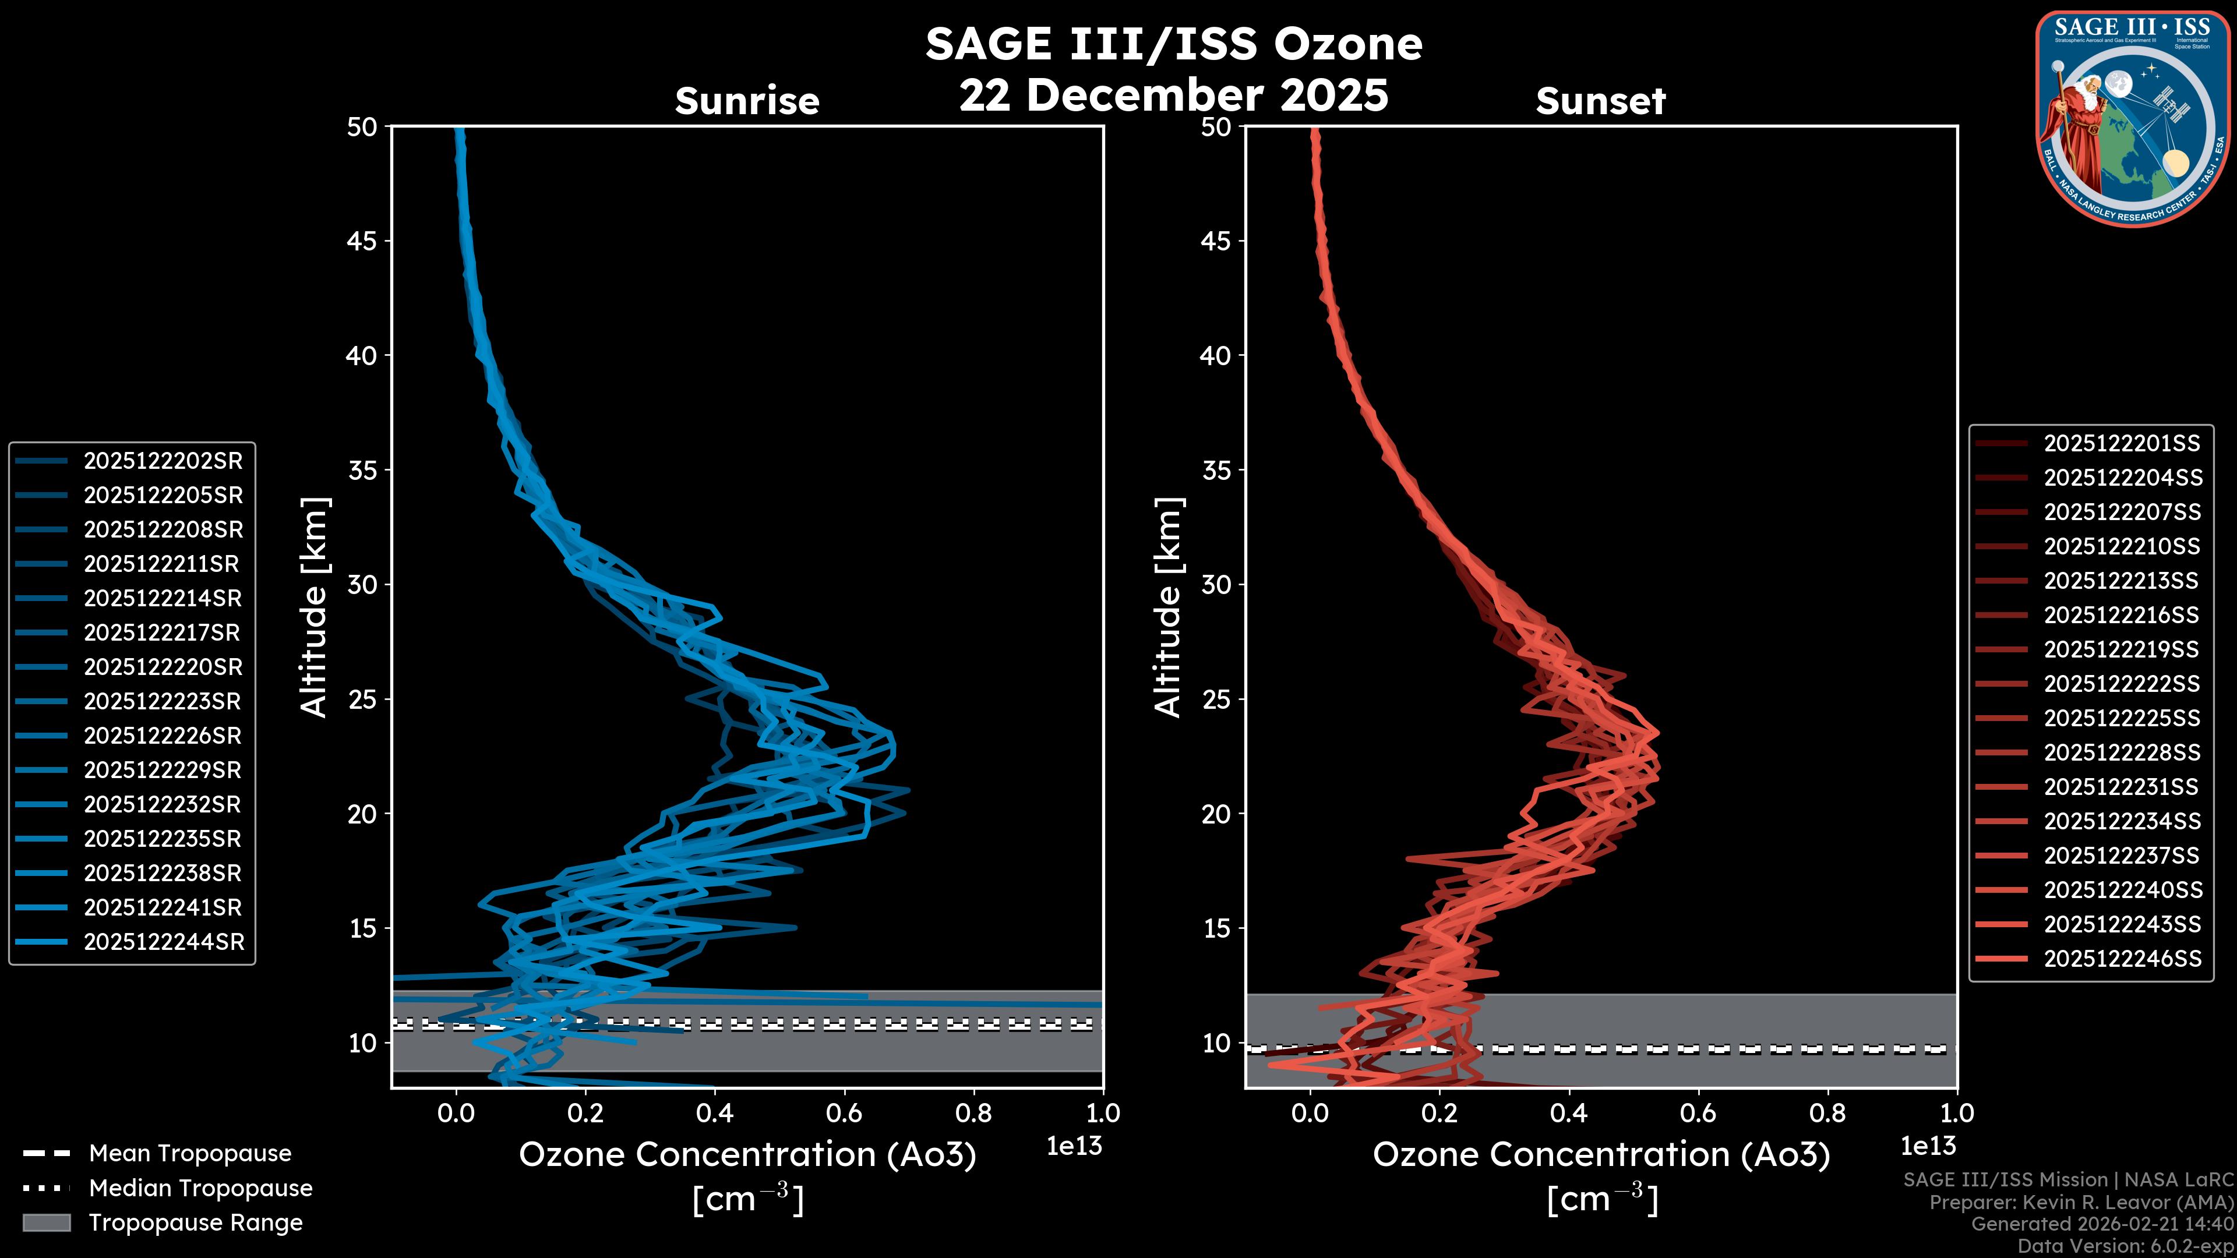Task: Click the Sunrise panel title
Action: tap(747, 101)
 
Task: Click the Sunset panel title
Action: tap(1600, 101)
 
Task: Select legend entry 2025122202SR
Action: tap(163, 461)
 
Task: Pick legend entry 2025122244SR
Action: tap(163, 942)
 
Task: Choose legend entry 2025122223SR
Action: tap(163, 701)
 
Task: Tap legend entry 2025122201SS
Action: tap(2122, 444)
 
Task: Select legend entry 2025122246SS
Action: tap(2122, 959)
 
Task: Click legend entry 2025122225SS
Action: tap(2122, 718)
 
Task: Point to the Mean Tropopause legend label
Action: tap(190, 1154)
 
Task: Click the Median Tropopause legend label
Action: tap(200, 1189)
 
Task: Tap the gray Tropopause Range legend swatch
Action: tap(46, 1222)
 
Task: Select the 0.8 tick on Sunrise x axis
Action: tap(973, 1113)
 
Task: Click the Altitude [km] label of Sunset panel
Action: tap(1168, 607)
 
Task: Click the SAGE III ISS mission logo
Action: tap(2133, 118)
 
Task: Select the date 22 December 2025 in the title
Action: tap(1173, 94)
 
